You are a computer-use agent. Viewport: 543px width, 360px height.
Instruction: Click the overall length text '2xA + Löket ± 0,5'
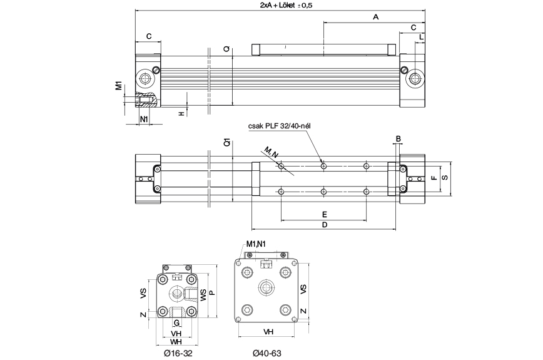282,5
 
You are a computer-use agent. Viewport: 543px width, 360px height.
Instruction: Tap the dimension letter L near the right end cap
421,38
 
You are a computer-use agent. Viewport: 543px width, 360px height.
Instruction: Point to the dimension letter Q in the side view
226,49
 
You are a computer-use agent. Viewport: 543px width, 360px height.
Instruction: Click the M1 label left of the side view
118,85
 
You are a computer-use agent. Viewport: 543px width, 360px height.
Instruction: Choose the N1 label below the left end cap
143,119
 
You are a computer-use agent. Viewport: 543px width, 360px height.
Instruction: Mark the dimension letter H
181,113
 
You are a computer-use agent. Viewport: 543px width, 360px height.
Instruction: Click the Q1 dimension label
226,143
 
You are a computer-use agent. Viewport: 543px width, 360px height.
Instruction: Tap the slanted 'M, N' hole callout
270,152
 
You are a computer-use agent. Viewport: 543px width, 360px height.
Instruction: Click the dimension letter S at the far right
444,178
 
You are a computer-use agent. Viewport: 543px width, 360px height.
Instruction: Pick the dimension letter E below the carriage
323,214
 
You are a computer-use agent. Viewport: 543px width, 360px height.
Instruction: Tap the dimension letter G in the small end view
177,323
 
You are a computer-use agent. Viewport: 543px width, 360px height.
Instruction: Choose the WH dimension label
176,342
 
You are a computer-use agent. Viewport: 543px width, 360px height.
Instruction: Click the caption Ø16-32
177,354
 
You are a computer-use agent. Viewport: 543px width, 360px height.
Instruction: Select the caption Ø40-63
267,354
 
